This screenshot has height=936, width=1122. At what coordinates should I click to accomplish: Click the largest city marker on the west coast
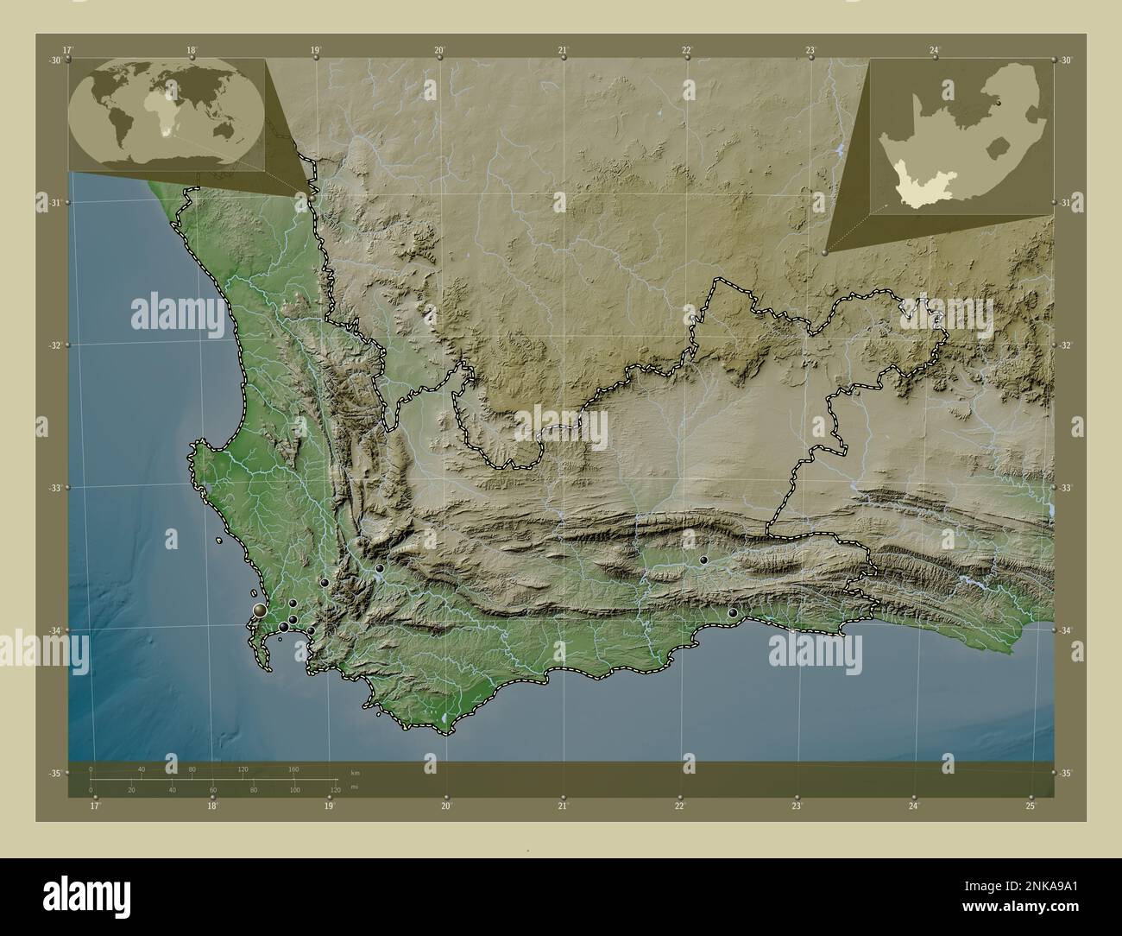[x=260, y=611]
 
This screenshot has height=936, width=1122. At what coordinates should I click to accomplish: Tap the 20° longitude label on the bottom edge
[x=446, y=806]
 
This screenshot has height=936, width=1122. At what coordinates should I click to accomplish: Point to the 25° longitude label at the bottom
[x=1031, y=806]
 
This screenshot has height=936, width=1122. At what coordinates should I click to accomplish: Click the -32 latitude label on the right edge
[x=1067, y=345]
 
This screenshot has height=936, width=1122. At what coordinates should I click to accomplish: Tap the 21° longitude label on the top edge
[x=563, y=50]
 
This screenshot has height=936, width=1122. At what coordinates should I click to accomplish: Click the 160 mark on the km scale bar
[x=293, y=768]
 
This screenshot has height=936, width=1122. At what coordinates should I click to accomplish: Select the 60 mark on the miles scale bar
[x=212, y=790]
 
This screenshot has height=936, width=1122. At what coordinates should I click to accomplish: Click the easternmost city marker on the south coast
[x=733, y=613]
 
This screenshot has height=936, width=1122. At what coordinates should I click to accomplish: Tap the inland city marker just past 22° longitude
[x=703, y=560]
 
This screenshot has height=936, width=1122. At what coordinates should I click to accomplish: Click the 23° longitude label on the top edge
[x=810, y=50]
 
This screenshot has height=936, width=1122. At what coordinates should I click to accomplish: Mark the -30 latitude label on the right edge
[x=1067, y=60]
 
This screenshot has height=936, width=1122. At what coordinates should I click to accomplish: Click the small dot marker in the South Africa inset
[x=999, y=102]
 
